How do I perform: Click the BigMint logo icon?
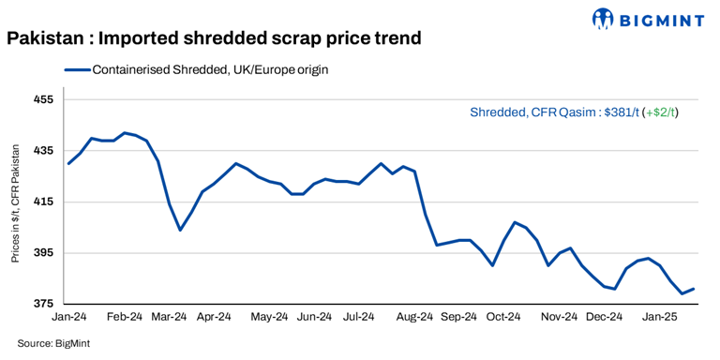click(x=606, y=18)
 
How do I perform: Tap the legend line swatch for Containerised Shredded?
click(x=77, y=69)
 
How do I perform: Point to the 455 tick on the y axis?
click(x=44, y=99)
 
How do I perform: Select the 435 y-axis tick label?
click(x=44, y=151)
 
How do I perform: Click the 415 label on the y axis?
click(x=44, y=202)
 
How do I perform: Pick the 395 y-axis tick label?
click(x=44, y=253)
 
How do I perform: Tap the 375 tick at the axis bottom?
click(x=44, y=305)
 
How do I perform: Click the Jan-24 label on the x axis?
click(x=68, y=318)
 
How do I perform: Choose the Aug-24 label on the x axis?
click(x=414, y=318)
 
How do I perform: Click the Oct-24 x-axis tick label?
click(x=503, y=318)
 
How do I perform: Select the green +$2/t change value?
click(x=660, y=112)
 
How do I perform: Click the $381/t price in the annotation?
click(x=621, y=112)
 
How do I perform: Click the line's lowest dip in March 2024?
click(x=180, y=230)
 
